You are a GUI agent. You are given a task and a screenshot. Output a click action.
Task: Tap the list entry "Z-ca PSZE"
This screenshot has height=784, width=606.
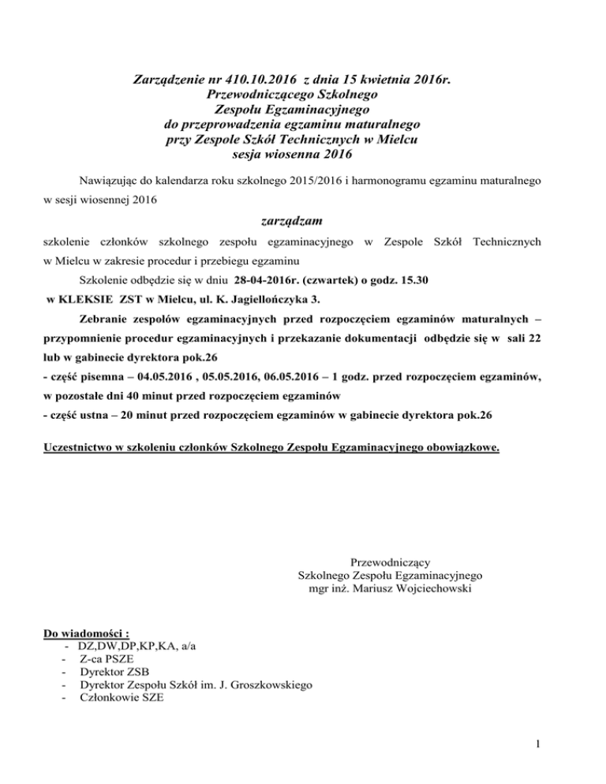pos(106,658)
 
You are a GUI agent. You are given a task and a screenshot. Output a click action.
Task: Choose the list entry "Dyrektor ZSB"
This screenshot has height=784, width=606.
pos(114,671)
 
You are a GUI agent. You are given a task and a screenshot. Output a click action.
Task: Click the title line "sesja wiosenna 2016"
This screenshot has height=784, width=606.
pos(303,155)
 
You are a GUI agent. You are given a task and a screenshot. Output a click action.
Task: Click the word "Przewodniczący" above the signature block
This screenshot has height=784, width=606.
pos(389,562)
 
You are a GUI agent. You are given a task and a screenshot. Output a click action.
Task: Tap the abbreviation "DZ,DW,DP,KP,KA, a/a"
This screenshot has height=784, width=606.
pos(139,645)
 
